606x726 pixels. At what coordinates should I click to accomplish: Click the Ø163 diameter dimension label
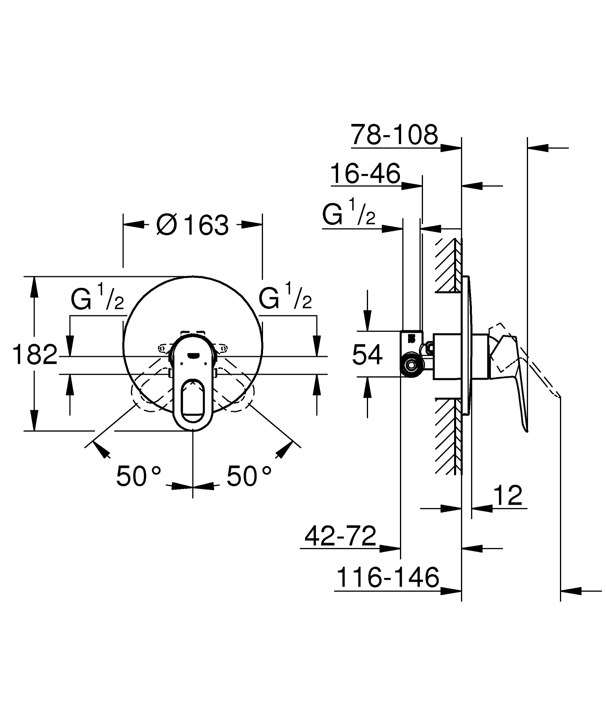(193, 225)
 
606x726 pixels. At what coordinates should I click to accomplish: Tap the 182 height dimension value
(35, 355)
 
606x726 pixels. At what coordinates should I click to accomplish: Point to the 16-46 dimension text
(365, 174)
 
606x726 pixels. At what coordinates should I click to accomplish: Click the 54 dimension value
(367, 355)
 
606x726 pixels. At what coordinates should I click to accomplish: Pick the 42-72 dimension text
(340, 536)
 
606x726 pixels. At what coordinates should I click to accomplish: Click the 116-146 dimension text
(387, 577)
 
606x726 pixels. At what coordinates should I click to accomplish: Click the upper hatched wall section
(448, 264)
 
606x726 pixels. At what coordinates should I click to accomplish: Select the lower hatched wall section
(448, 436)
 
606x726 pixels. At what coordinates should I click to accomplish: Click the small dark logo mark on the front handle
(193, 355)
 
